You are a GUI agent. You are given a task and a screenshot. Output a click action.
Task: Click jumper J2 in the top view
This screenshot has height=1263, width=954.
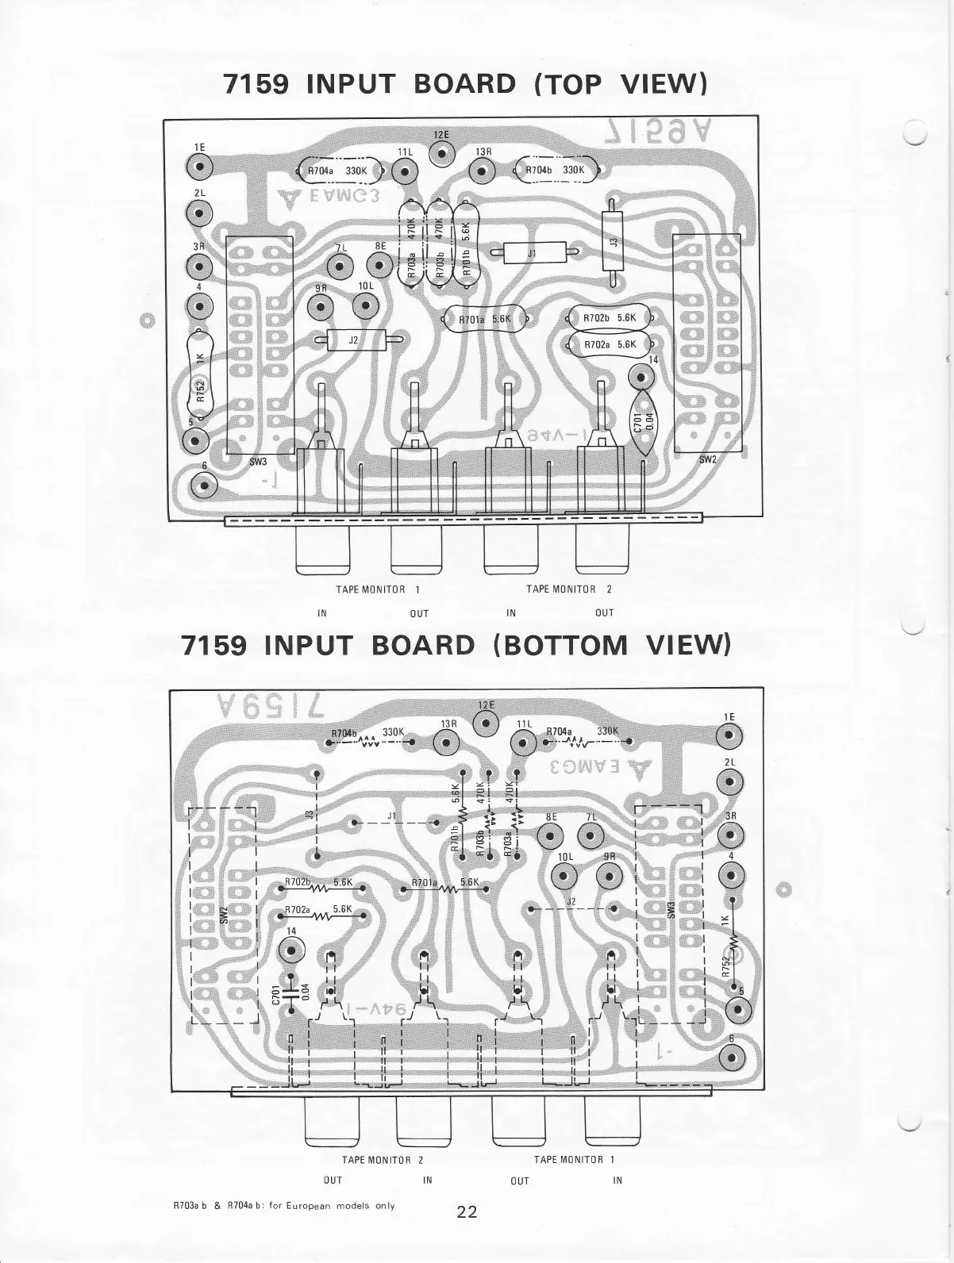point(355,340)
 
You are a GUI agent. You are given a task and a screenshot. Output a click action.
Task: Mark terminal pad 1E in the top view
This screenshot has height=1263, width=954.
point(199,167)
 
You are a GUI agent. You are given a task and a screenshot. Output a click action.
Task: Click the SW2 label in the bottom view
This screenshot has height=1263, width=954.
point(225,915)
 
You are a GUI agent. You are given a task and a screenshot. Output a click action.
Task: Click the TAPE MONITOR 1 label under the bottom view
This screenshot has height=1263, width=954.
point(574,1159)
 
